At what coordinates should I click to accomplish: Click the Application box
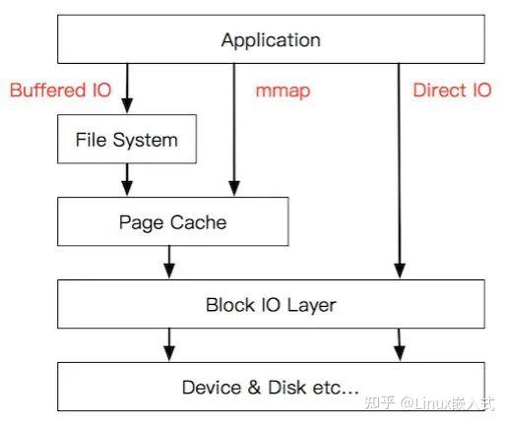[271, 40]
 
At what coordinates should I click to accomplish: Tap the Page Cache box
[172, 222]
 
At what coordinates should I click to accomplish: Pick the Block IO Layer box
[271, 305]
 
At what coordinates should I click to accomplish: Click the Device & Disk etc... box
[271, 387]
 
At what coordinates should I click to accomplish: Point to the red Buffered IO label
[60, 91]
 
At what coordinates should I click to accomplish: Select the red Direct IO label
[452, 91]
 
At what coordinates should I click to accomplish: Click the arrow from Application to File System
[126, 89]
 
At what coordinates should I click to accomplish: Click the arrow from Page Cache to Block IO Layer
[169, 262]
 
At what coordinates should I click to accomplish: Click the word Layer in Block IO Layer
[311, 305]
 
